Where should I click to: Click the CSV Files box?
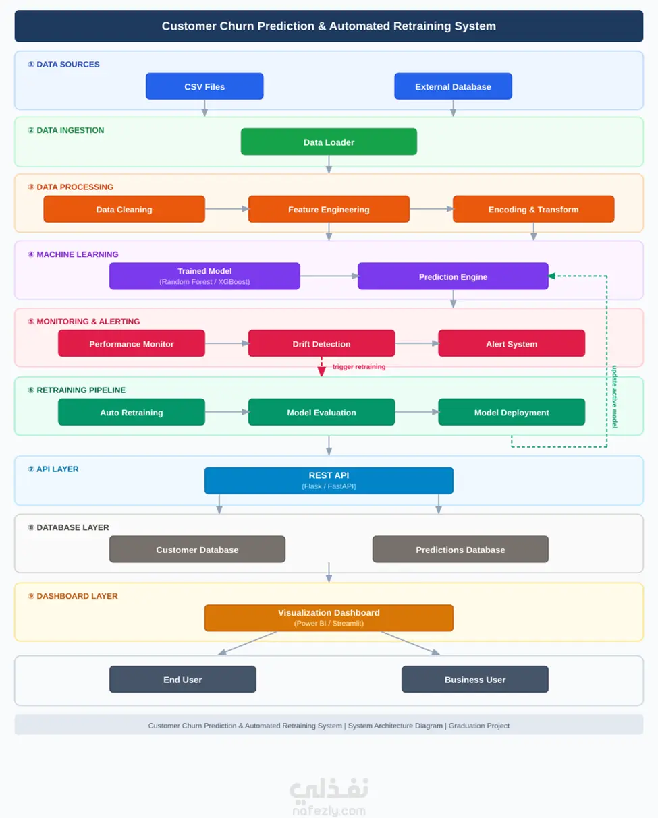coord(204,86)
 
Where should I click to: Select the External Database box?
coord(453,86)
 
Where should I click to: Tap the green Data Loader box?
coord(329,142)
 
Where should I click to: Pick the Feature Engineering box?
coord(329,209)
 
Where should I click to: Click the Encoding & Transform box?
coord(533,209)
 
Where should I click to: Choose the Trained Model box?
coord(204,276)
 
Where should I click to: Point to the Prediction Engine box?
coord(453,276)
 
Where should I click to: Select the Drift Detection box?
coord(321,343)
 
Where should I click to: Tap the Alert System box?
coord(512,343)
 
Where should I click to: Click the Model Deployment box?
coord(512,412)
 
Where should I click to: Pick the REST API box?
coord(329,480)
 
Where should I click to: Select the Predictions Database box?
coord(460,549)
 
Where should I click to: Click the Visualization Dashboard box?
coord(329,618)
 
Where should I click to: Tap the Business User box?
coord(475,679)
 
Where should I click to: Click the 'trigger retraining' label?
coord(358,367)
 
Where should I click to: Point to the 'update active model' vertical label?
coord(614,397)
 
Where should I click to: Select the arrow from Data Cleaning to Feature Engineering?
coord(227,208)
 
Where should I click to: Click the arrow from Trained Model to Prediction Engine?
coord(329,276)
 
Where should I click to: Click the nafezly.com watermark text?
coord(329,810)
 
